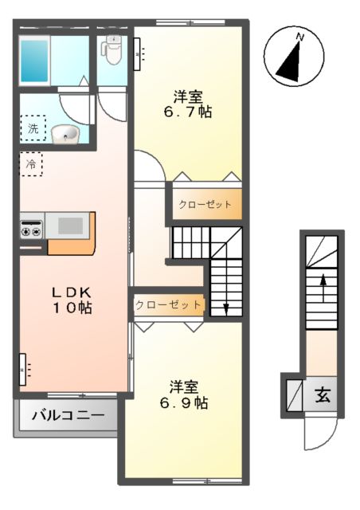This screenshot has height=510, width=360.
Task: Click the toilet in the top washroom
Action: [x=112, y=51]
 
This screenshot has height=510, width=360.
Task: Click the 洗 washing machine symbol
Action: [x=33, y=127]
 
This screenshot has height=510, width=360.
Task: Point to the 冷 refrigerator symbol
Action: [x=31, y=164]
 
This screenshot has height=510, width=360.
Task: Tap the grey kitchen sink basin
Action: [x=70, y=226]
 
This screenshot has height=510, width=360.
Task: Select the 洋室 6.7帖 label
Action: [x=190, y=105]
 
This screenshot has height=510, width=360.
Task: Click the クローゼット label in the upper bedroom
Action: [x=205, y=204]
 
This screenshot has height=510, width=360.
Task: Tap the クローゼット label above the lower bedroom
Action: [x=167, y=304]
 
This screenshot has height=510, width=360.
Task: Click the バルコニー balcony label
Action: [x=67, y=416]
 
